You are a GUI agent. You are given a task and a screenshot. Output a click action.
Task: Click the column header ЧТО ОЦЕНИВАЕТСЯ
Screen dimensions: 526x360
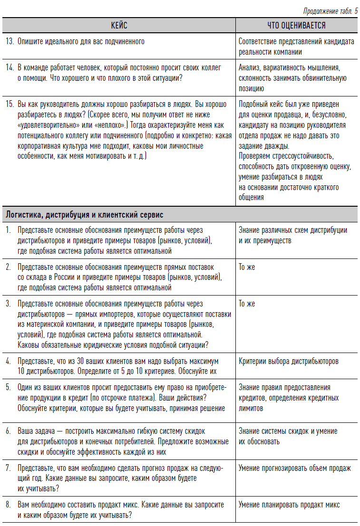tap(296, 25)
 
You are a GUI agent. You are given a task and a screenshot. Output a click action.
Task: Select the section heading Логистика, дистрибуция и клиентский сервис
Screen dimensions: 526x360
tap(84, 215)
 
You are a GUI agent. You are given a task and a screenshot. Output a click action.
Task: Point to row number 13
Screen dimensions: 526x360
tap(10, 42)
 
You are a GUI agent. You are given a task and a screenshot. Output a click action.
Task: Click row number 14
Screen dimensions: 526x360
tap(10, 68)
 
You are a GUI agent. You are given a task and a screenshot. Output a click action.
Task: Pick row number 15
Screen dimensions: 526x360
tap(10, 104)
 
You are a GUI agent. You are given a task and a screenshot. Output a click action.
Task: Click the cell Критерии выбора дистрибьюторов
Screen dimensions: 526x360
tap(288, 361)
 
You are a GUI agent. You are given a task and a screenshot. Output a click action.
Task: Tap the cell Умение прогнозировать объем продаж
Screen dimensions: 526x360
tap(294, 468)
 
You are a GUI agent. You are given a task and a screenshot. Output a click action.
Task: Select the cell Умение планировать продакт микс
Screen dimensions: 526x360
tap(289, 505)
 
